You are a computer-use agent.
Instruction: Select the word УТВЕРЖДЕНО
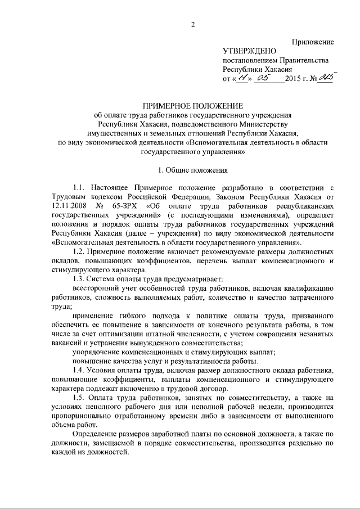247,51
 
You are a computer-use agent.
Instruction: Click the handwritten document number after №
325,78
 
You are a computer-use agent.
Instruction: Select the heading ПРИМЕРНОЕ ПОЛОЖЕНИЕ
192,106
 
